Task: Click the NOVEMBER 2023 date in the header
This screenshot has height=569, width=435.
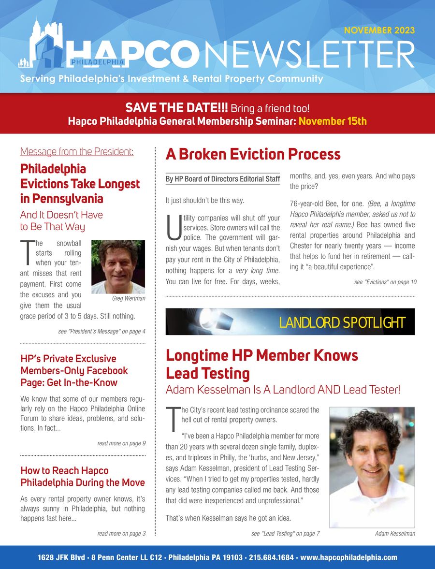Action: [379, 30]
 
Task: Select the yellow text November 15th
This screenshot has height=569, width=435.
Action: [333, 121]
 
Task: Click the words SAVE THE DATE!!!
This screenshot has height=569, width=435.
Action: [176, 107]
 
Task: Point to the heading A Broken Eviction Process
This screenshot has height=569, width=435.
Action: [253, 154]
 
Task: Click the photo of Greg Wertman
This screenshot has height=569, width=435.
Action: [118, 266]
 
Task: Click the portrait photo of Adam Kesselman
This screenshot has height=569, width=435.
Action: [372, 467]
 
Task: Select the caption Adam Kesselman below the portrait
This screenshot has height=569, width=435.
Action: [395, 534]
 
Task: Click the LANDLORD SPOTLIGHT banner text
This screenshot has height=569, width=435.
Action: [342, 322]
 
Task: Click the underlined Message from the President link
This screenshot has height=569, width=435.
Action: [77, 152]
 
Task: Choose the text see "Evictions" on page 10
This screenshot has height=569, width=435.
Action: [385, 282]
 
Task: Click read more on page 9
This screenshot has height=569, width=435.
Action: [121, 443]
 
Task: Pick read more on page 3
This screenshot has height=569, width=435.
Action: [121, 534]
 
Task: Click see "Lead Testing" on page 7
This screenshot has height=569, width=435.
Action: [285, 534]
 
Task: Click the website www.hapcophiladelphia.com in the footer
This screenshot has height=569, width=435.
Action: [348, 557]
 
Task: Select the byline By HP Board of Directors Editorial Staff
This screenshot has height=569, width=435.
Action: [222, 179]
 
